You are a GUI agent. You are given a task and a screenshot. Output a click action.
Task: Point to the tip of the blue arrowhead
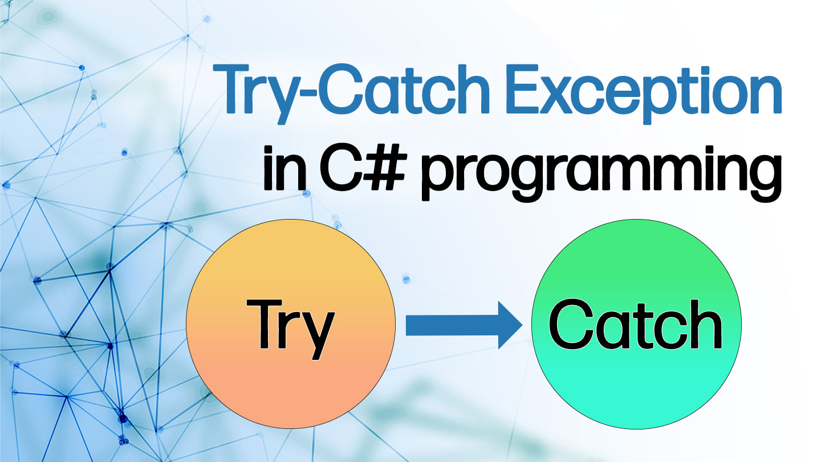521,326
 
